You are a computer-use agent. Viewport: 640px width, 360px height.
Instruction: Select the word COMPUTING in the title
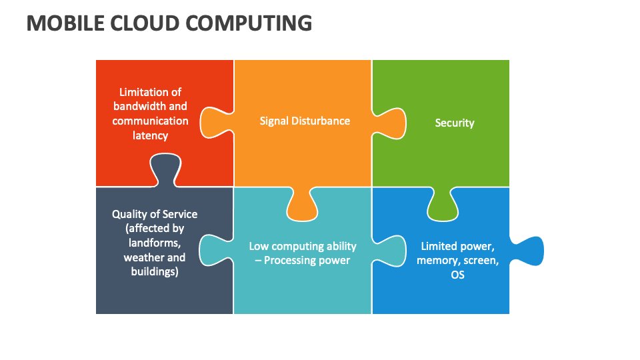pyautogui.click(x=249, y=23)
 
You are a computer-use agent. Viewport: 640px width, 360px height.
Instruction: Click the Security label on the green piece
pyautogui.click(x=454, y=123)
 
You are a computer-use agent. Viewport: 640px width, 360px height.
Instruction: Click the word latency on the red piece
pyautogui.click(x=150, y=135)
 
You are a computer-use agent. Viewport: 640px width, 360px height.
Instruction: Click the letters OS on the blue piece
pyautogui.click(x=457, y=275)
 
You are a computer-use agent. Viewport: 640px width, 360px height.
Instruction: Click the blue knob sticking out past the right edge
pyautogui.click(x=530, y=251)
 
